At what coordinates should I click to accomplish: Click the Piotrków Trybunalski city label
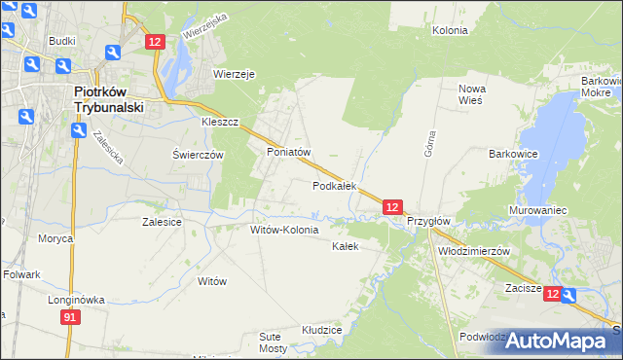(x=109, y=100)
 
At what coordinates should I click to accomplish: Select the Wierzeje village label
(x=234, y=74)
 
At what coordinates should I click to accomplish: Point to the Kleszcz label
(x=220, y=124)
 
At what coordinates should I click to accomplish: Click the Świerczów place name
(x=198, y=155)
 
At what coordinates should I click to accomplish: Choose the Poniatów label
(x=288, y=153)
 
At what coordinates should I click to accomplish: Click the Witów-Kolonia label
(x=284, y=230)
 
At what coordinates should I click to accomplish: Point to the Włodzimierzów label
(x=475, y=250)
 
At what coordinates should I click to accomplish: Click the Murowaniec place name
(x=537, y=210)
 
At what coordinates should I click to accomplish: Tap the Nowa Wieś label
(x=472, y=94)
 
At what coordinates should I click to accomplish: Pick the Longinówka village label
(x=76, y=300)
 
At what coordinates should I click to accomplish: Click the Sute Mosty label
(x=274, y=342)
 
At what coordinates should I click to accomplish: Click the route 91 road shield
(x=69, y=317)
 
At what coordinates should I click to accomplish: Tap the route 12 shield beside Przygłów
(x=391, y=207)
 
